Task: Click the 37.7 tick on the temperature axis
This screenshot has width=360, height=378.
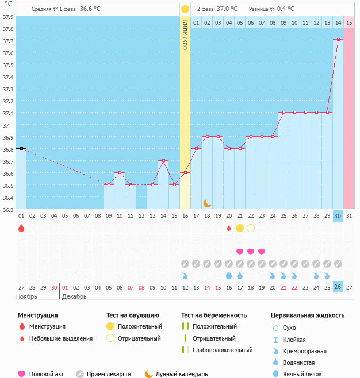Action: click(x=9, y=41)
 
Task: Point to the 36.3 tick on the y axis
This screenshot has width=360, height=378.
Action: click(x=9, y=210)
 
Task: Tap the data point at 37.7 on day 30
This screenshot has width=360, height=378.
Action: click(x=338, y=39)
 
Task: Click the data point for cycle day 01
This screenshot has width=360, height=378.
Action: click(x=21, y=148)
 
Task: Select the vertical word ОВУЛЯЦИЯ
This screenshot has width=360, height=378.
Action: click(x=185, y=34)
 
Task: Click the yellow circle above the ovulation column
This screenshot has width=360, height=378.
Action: click(x=185, y=9)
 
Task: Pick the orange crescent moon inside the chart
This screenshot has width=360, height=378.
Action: click(x=208, y=203)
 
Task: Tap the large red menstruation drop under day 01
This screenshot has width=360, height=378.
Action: click(x=21, y=228)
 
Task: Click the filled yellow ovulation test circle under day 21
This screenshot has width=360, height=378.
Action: click(x=240, y=228)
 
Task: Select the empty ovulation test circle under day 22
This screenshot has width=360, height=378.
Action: click(x=251, y=228)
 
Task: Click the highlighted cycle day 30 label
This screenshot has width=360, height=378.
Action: click(x=338, y=215)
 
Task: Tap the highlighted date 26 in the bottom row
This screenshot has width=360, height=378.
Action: click(x=338, y=287)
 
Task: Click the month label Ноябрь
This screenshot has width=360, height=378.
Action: click(x=26, y=296)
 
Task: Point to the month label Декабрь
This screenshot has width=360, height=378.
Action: click(x=74, y=296)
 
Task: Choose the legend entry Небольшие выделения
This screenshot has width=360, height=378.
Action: click(x=61, y=338)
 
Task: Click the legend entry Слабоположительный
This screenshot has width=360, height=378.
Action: click(x=223, y=350)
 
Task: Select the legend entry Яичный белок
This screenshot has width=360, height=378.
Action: click(x=302, y=374)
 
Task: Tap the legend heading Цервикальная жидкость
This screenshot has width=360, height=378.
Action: click(x=308, y=315)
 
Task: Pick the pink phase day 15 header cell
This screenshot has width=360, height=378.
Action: click(x=349, y=22)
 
